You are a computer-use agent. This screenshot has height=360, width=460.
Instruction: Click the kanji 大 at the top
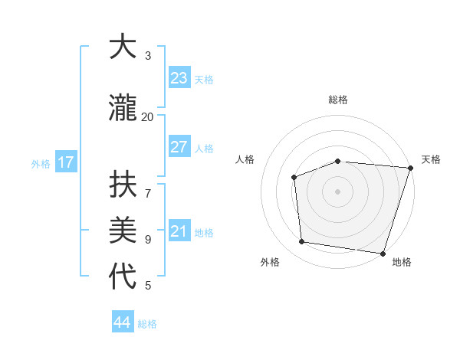point(123,47)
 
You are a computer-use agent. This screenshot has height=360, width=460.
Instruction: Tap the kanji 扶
point(123,185)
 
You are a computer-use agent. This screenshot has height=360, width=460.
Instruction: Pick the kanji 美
point(123,231)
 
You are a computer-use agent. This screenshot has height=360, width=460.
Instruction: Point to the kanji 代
point(123,277)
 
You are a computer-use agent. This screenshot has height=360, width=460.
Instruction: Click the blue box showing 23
point(179,78)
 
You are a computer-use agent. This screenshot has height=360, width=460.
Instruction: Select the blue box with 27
point(179,147)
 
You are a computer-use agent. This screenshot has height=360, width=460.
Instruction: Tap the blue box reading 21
point(179,231)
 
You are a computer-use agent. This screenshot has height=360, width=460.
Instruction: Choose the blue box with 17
point(65,162)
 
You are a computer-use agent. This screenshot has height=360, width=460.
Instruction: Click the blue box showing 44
point(123,322)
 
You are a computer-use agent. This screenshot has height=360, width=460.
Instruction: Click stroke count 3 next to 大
point(148,55)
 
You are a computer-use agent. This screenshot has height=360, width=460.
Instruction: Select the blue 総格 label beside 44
point(147,324)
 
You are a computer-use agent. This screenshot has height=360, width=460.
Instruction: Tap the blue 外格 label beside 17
point(41,163)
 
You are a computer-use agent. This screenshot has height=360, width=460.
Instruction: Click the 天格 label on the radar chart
point(431,159)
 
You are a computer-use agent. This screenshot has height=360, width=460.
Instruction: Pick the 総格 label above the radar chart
point(338,100)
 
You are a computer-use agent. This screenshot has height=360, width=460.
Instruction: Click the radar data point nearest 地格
point(383,253)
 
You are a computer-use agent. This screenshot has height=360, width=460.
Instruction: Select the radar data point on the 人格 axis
point(294,178)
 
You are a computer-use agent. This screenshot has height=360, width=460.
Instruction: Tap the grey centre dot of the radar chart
point(338,191)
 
